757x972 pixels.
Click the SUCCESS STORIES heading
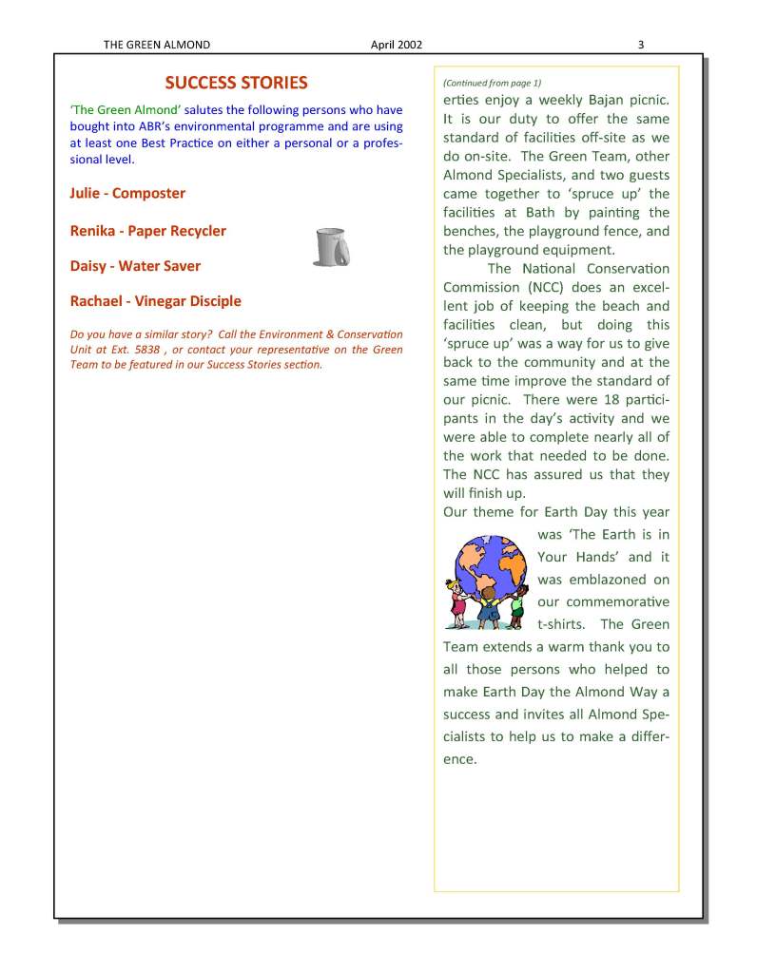point(236,83)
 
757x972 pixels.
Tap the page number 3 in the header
point(641,44)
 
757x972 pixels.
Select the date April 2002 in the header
point(397,44)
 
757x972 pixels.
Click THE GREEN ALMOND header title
point(157,44)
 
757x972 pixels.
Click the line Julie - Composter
point(127,193)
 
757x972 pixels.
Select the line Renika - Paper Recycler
point(148,230)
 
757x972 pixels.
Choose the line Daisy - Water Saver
point(135,266)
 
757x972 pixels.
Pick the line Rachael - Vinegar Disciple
point(156,301)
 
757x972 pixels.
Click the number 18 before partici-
point(605,399)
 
